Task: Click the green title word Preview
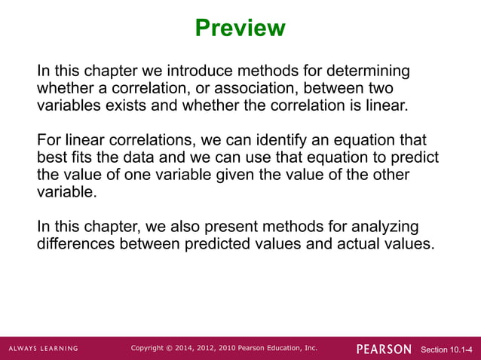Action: point(240,29)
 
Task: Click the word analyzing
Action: point(379,227)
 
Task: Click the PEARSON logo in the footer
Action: point(384,349)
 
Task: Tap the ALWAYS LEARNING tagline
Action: point(43,349)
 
